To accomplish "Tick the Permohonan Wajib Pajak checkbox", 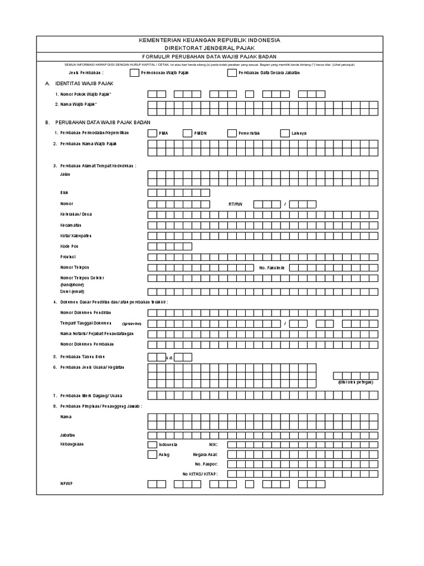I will tap(134, 72).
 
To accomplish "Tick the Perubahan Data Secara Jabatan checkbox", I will tap(231, 72).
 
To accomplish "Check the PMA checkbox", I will tap(152, 133).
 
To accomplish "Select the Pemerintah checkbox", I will tap(231, 133).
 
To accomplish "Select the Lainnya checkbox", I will tap(284, 133).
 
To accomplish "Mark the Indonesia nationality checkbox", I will tap(152, 444).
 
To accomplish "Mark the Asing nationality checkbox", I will tap(152, 454).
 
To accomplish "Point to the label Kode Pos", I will tap(70, 246).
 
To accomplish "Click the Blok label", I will tap(64, 193).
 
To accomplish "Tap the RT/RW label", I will tap(236, 204).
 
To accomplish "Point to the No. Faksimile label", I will tap(272, 268).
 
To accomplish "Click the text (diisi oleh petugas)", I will tap(356, 382).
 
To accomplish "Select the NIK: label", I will tap(214, 444).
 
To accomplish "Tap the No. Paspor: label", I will tap(207, 464).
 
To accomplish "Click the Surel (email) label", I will tap(73, 291).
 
